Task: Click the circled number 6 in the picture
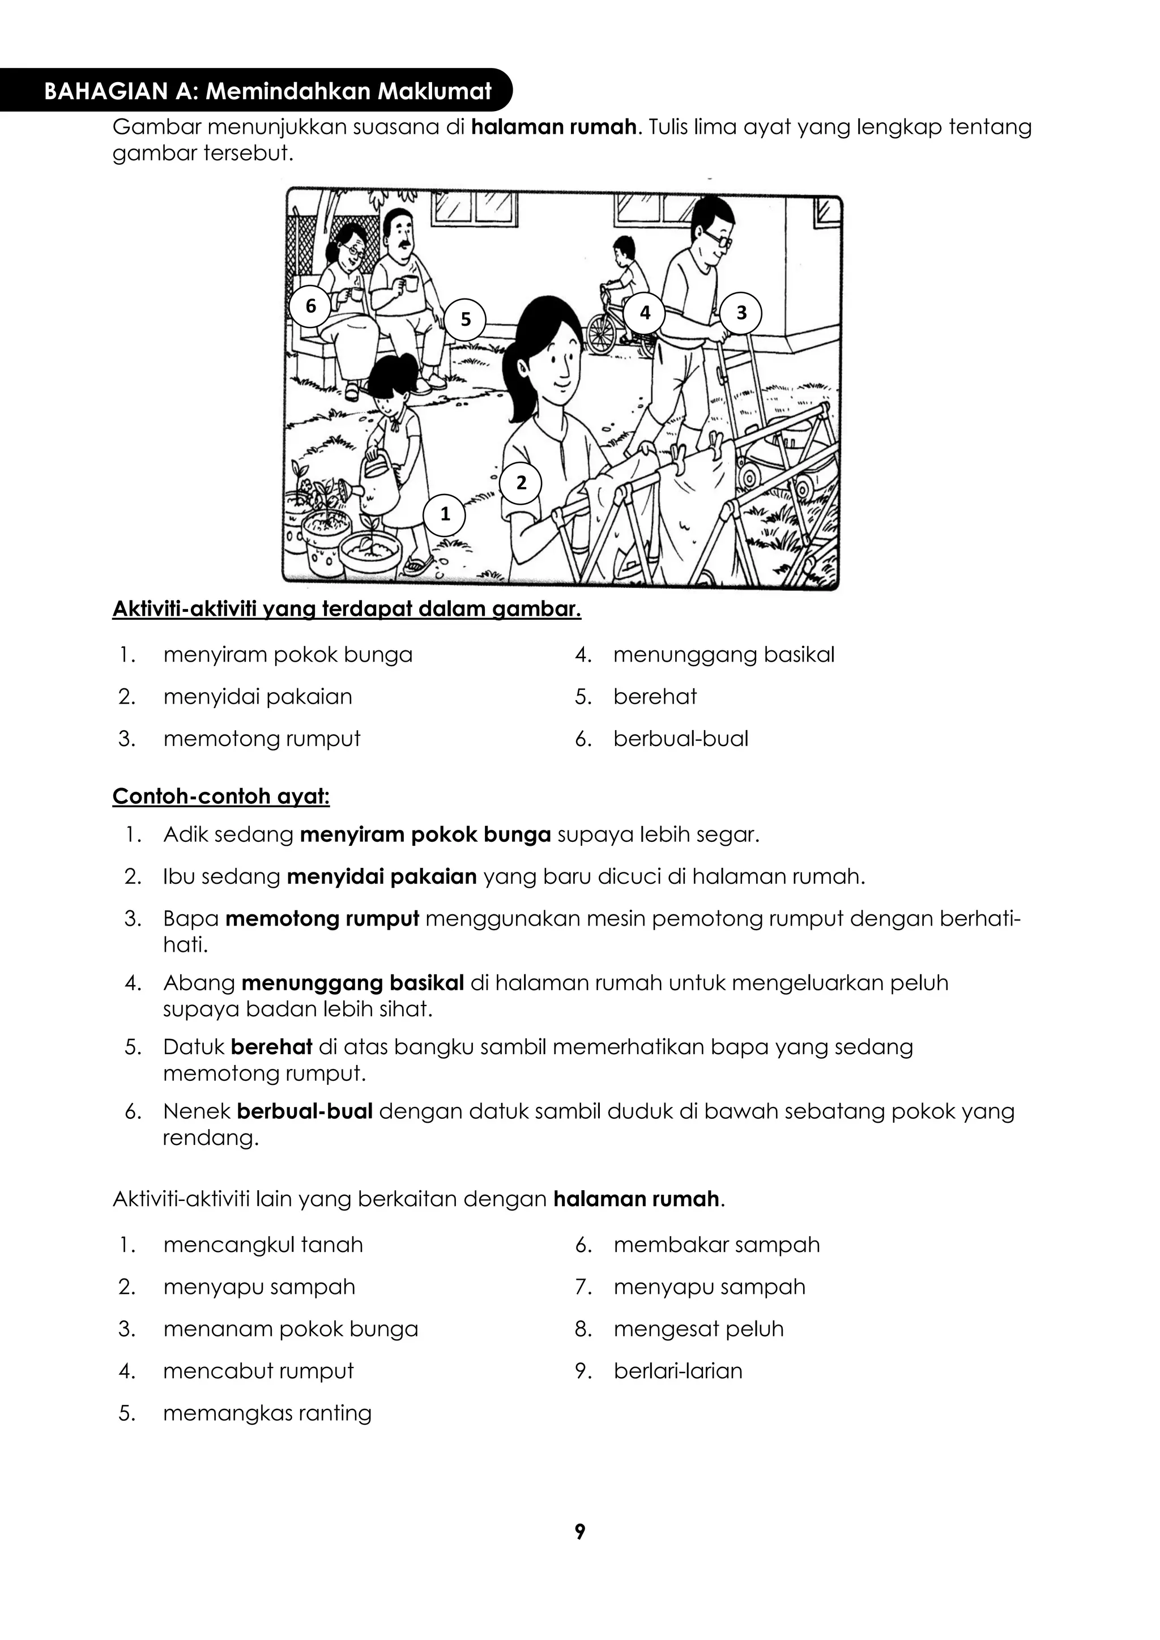click(311, 306)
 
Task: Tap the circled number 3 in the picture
click(741, 313)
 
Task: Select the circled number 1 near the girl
click(445, 514)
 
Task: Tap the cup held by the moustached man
click(410, 284)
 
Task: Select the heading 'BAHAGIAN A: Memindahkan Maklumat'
click(268, 91)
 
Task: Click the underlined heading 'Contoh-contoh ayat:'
click(221, 796)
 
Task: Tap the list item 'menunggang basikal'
click(723, 655)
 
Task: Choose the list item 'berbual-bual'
click(681, 739)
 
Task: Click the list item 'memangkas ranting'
click(267, 1413)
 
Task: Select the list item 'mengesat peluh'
click(698, 1328)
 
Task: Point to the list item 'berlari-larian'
click(678, 1371)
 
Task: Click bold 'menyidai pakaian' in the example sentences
click(381, 876)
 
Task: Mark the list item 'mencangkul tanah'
click(263, 1245)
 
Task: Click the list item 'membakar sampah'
click(717, 1245)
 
